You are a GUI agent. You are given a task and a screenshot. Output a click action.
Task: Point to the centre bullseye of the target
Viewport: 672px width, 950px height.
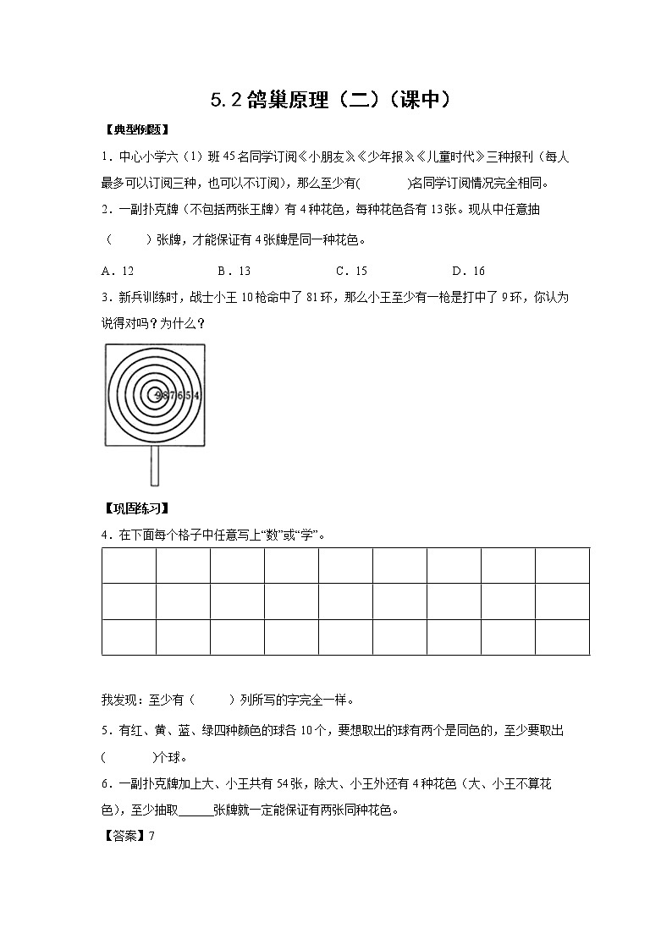[x=153, y=393]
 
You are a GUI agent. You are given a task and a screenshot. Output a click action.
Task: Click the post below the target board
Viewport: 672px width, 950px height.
[x=155, y=465]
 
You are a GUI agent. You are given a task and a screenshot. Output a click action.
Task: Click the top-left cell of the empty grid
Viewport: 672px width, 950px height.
[x=129, y=565]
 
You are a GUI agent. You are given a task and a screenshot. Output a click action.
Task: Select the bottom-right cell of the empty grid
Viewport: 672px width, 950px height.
[x=562, y=637]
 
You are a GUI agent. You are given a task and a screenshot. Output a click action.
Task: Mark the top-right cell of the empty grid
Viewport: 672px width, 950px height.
[x=562, y=565]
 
